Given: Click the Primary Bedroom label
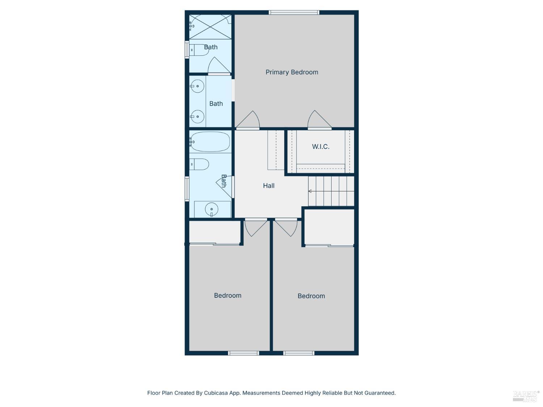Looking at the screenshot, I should pos(292,72).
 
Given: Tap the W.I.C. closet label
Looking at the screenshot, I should pos(320,147).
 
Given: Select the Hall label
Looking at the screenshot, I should pos(269,186).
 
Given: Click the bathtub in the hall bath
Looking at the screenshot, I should pos(210,141).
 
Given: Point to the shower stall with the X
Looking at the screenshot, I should pos(210,27).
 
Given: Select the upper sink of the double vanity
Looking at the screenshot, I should pos(198,86).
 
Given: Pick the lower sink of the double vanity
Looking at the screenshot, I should pos(198,116).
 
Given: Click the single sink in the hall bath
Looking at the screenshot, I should pos(211,209).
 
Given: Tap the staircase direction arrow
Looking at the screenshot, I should pos(310,191).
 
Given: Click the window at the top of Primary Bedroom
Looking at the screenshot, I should pos(294,13).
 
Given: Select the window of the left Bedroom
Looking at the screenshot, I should pos(243,353).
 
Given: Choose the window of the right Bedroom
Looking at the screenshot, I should pos(299,353).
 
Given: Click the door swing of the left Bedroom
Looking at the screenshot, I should pos(256,227).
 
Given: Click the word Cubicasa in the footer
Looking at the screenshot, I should pos(216,393).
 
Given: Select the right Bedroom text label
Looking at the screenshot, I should pos(311,296).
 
